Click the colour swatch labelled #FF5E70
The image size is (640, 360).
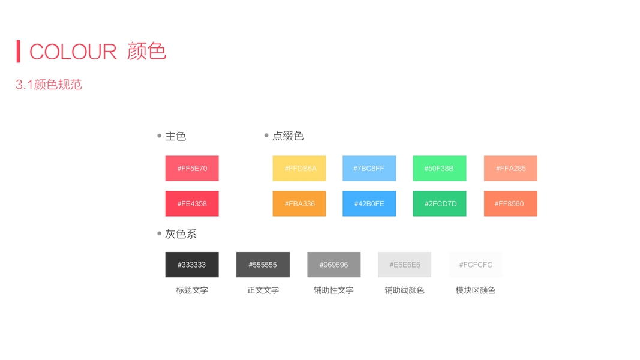coord(192,168)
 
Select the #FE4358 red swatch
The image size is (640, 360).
coord(192,203)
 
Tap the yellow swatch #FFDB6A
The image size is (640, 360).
coord(299,168)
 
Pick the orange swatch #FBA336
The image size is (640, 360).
coord(299,203)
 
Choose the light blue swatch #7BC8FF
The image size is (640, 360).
coord(369,168)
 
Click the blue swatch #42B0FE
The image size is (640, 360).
coord(369,203)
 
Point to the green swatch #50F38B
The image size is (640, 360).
coord(440,168)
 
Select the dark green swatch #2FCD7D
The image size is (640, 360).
coord(440,203)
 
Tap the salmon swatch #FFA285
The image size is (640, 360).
coord(510,168)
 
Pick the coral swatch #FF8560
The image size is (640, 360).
coord(510,203)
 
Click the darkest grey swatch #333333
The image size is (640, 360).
coord(192,265)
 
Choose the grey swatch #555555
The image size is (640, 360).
coord(263,265)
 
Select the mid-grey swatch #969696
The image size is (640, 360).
coord(333,265)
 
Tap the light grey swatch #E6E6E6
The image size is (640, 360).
coord(404,265)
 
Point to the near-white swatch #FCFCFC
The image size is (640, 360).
coord(476,265)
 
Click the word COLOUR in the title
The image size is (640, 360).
coord(73,52)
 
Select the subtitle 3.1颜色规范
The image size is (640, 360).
coord(49,85)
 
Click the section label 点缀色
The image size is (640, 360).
coord(288,136)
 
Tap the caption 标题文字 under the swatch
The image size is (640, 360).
coord(192,290)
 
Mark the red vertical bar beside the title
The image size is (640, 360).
coord(19,51)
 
